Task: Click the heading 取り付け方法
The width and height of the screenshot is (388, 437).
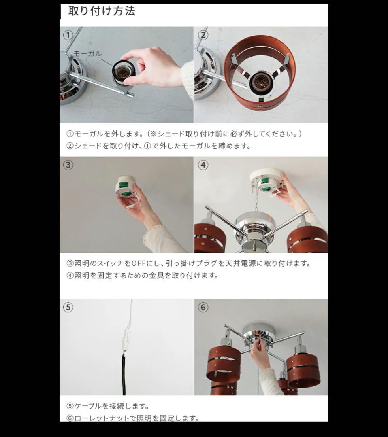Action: point(102,11)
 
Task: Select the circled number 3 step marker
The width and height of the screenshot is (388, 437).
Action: point(68,165)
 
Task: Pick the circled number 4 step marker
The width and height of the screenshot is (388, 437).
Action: point(203,165)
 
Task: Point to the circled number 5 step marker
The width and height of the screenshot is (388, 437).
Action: point(68,308)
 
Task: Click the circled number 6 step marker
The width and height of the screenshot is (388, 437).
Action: point(203,308)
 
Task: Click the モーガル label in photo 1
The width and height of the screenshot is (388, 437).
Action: point(87,54)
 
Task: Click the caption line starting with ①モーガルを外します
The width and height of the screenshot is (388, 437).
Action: point(184,134)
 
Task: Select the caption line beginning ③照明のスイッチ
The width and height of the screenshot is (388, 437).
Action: point(188,263)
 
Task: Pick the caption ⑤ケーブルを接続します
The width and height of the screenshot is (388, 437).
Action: point(107,405)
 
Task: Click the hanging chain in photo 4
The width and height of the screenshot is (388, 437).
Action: point(256,202)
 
